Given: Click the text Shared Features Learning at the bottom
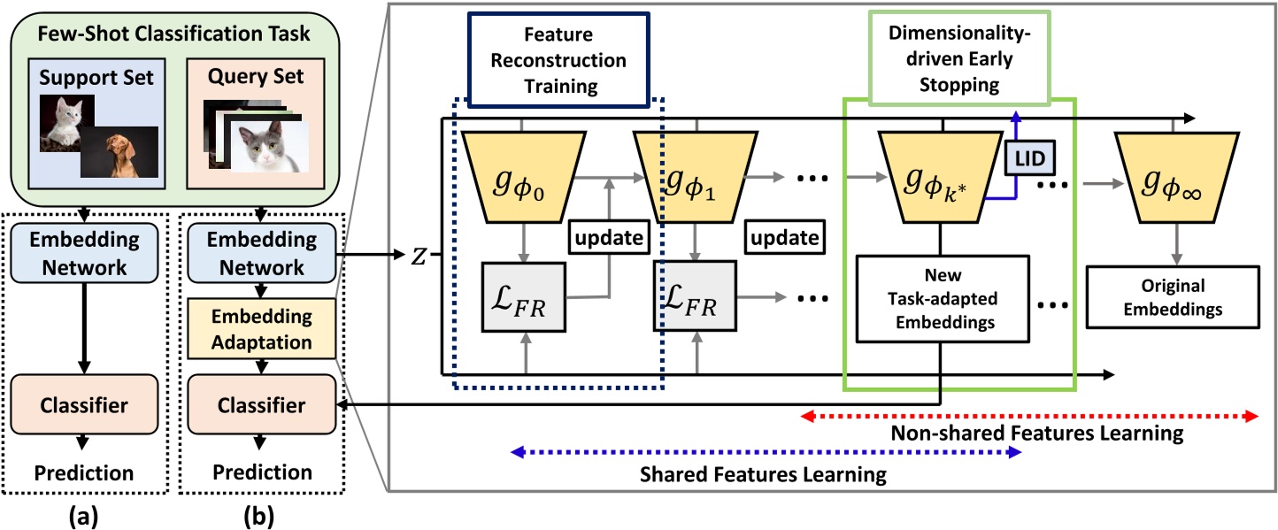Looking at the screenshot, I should [x=764, y=475].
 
